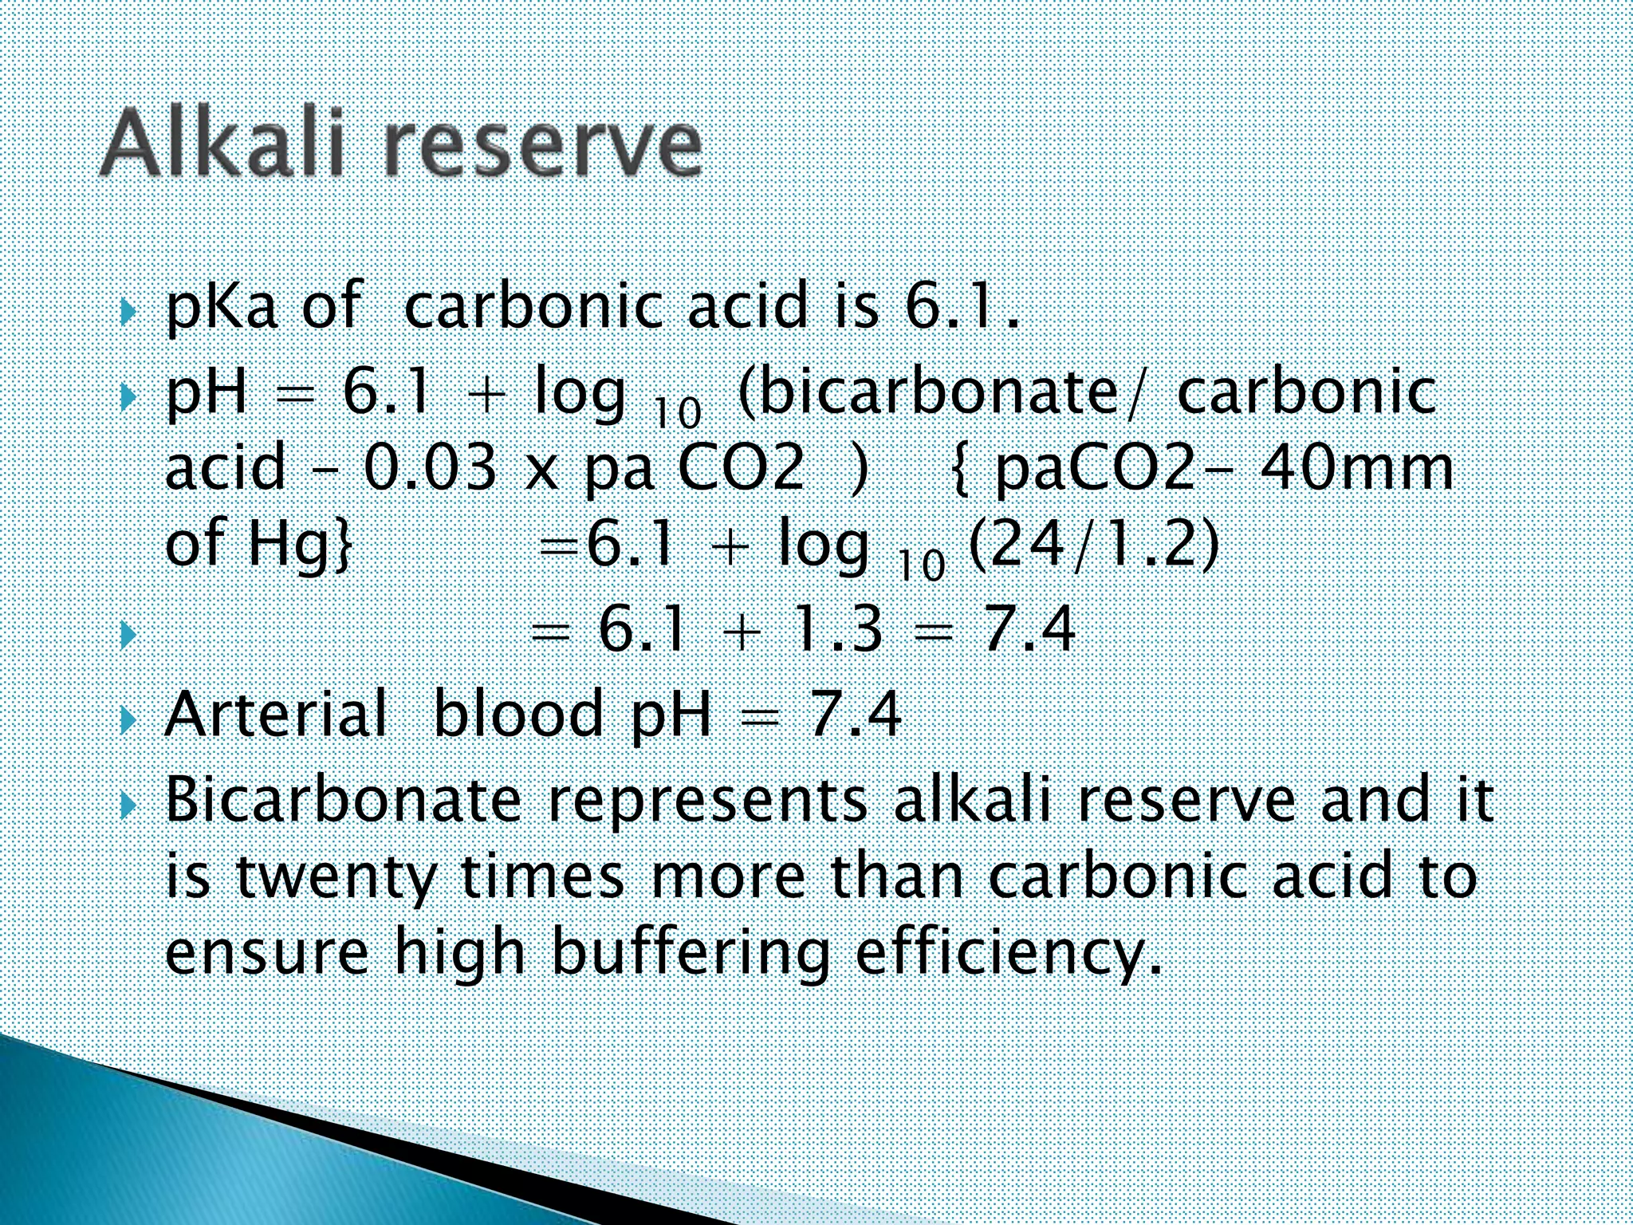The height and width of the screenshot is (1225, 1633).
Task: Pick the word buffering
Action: (x=691, y=953)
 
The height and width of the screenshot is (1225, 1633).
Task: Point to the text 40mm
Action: (x=1356, y=468)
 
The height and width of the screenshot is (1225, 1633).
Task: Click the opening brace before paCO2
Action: (x=962, y=470)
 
